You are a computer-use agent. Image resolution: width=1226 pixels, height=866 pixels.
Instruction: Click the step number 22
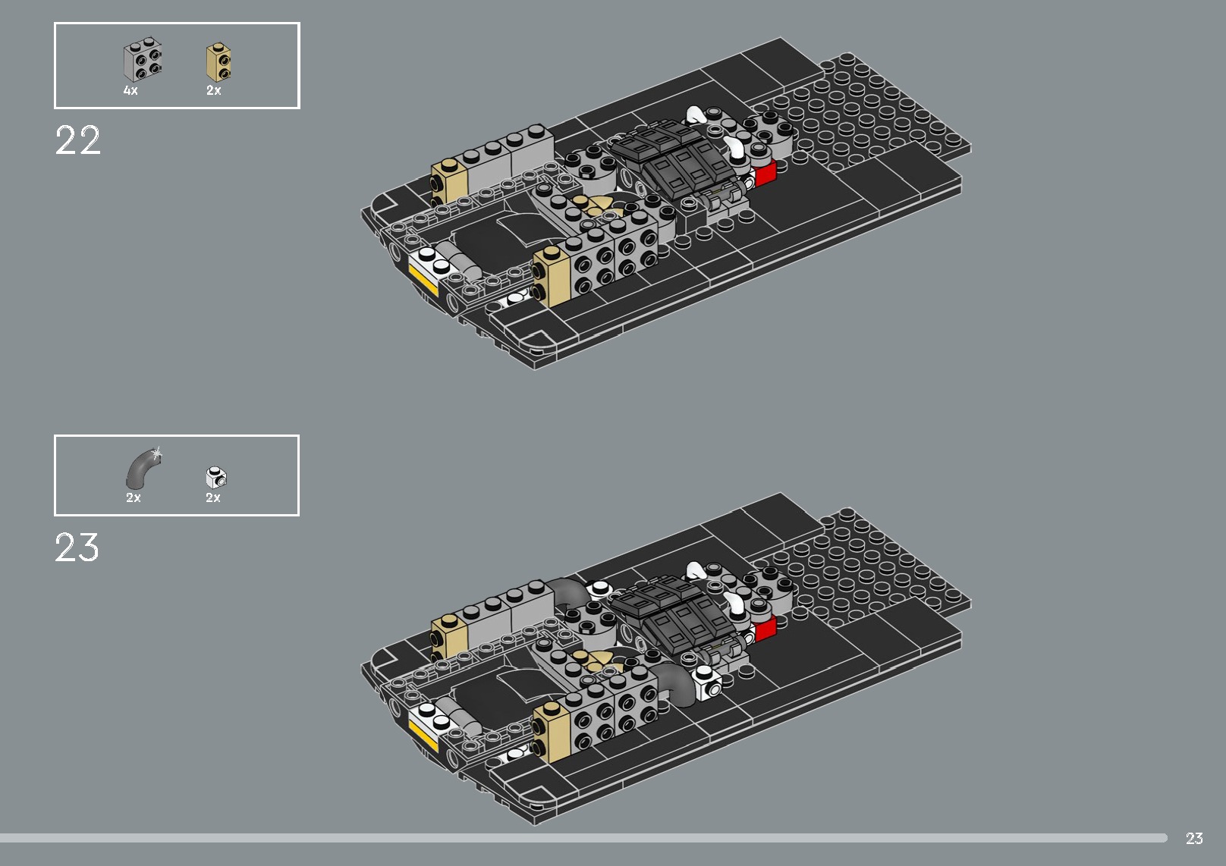77,141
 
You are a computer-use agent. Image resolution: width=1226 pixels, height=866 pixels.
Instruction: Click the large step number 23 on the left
77,548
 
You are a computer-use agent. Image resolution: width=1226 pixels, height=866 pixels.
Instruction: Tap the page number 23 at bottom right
1194,838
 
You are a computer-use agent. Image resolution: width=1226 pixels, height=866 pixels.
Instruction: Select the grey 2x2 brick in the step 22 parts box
144,62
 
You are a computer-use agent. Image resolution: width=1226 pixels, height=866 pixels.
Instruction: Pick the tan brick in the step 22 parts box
219,62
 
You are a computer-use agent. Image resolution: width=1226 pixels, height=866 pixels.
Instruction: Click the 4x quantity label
130,90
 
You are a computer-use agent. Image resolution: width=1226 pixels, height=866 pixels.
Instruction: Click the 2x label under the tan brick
213,90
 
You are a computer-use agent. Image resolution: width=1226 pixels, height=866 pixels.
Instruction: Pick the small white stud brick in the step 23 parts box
217,478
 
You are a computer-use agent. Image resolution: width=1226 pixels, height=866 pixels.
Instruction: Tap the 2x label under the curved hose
134,497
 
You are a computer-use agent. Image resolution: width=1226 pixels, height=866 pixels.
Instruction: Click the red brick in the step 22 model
765,173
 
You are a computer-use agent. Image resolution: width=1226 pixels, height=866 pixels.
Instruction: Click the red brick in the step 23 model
765,627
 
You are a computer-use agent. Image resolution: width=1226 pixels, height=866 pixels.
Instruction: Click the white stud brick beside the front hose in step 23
708,684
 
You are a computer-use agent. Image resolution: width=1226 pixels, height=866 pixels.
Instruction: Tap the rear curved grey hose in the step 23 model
567,590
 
